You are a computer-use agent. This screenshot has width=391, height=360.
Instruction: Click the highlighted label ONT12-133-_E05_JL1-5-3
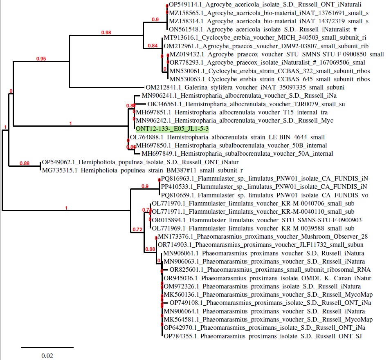coord(172,129)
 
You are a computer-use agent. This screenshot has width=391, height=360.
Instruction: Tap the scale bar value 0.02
coord(47,356)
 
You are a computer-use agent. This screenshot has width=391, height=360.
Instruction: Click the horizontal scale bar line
coord(47,347)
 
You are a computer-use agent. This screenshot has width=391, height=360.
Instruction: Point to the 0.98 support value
coord(106,32)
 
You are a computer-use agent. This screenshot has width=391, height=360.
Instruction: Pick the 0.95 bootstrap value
coord(41,59)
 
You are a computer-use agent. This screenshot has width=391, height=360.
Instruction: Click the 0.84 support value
coord(152,45)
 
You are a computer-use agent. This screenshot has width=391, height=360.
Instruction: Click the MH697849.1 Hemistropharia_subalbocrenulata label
coord(237,154)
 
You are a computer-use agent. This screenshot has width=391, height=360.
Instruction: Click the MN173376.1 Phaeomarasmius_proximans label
coord(263,237)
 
